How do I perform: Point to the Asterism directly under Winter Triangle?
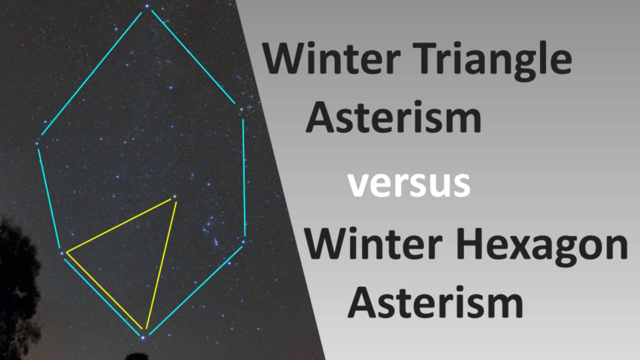(x=393, y=118)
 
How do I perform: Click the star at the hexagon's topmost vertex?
(x=147, y=6)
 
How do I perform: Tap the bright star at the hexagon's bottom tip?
(x=142, y=337)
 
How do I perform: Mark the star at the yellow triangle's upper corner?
(x=174, y=197)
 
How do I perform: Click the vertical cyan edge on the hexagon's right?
(x=244, y=177)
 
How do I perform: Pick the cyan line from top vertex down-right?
(x=193, y=57)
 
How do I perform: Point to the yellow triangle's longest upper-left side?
(x=118, y=225)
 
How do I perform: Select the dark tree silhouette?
(x=17, y=280)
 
